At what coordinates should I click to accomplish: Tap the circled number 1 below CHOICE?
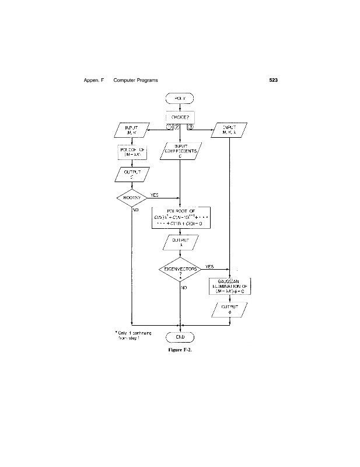pyautogui.click(x=169, y=128)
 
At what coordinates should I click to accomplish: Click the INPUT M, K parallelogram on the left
pyautogui.click(x=133, y=131)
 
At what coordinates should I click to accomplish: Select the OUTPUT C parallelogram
pyautogui.click(x=133, y=175)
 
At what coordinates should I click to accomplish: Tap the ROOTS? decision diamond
pyautogui.click(x=133, y=198)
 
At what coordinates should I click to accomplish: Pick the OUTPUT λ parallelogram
pyautogui.click(x=181, y=241)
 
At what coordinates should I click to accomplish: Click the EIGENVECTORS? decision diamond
pyautogui.click(x=181, y=270)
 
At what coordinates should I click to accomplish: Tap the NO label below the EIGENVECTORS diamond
pyautogui.click(x=184, y=287)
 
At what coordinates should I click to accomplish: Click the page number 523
pyautogui.click(x=272, y=79)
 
